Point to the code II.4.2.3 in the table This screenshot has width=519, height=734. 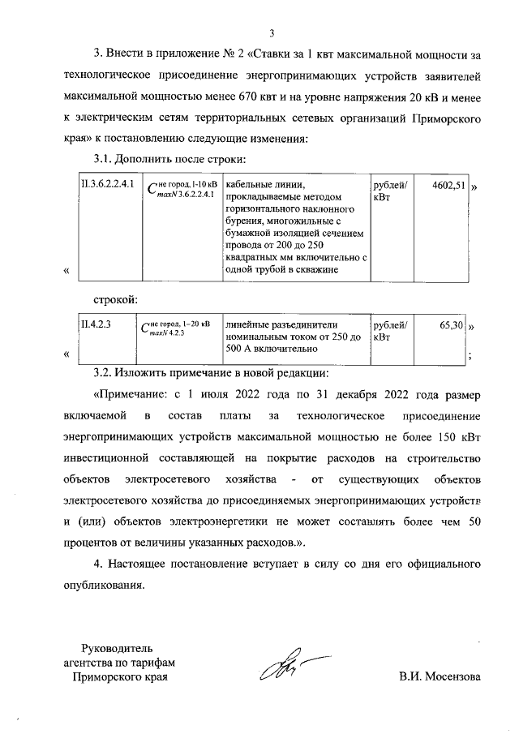[95, 324]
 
